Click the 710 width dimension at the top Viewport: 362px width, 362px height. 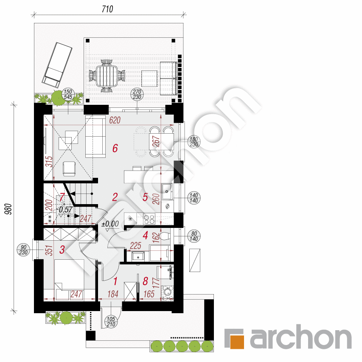click(107, 9)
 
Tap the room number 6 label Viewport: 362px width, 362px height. click(115, 148)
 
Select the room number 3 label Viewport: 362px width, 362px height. click(62, 250)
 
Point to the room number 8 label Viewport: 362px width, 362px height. click(145, 281)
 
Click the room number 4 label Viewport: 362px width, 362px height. click(145, 236)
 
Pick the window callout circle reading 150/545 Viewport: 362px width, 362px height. click(68, 94)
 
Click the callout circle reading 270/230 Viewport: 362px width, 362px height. click(137, 94)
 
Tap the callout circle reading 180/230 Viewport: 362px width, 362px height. click(194, 142)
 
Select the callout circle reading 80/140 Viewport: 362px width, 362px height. click(194, 236)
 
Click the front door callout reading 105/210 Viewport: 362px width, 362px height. click(111, 322)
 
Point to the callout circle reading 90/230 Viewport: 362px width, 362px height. click(23, 250)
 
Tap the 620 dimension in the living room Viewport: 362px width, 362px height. click(115, 120)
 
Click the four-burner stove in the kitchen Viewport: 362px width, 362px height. click(149, 219)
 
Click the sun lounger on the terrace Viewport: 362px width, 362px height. click(57, 65)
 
